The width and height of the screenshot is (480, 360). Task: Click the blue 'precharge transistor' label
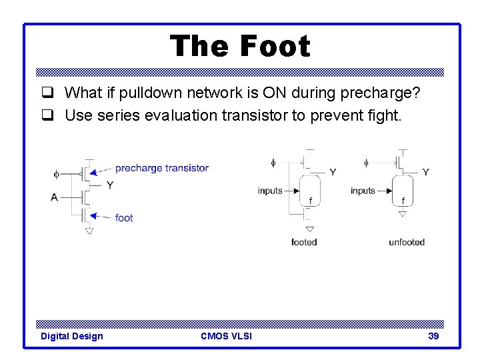(x=161, y=168)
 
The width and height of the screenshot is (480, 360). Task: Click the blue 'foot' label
(x=124, y=217)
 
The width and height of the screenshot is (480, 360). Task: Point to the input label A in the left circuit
(x=54, y=197)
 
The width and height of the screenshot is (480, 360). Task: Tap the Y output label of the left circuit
(x=109, y=185)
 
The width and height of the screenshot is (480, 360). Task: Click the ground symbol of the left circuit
(x=89, y=231)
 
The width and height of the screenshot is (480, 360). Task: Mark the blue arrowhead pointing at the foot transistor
(x=94, y=215)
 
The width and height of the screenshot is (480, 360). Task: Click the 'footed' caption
(x=304, y=242)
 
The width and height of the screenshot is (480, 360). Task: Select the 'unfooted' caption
(x=407, y=242)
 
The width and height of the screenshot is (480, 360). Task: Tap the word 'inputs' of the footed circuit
(x=270, y=191)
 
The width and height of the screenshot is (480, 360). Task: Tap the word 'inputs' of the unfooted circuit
(x=363, y=191)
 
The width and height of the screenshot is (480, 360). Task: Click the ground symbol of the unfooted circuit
(x=402, y=214)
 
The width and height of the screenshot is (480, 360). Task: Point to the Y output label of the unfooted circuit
(x=425, y=172)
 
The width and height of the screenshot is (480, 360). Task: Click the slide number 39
(x=433, y=336)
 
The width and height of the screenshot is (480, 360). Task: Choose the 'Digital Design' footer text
(x=72, y=336)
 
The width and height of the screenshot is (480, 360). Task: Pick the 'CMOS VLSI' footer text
(x=226, y=336)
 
